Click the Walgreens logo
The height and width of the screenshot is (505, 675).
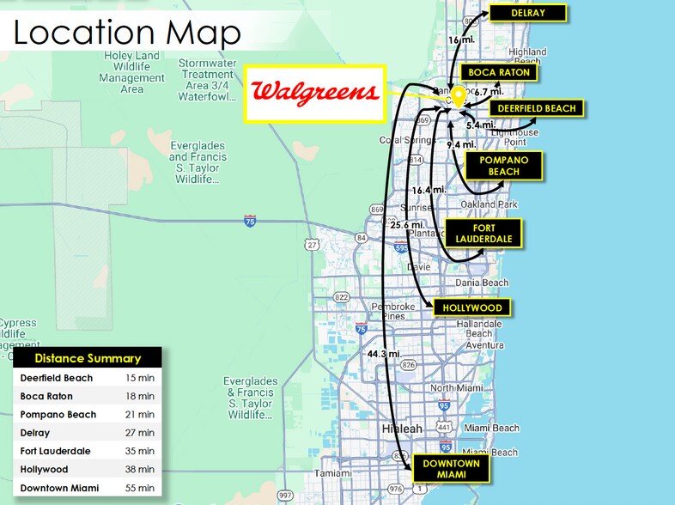(314, 93)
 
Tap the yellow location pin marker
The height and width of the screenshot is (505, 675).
(459, 96)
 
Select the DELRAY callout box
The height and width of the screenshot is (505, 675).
(527, 13)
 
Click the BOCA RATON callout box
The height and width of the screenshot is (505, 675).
(500, 73)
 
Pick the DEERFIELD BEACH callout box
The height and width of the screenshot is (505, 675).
(538, 108)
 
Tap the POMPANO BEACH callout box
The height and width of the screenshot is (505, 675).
(503, 166)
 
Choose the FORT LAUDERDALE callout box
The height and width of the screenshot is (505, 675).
(483, 233)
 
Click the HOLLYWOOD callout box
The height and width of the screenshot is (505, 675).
(472, 307)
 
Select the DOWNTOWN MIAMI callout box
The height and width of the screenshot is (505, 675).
(452, 470)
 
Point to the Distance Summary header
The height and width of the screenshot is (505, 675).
(88, 358)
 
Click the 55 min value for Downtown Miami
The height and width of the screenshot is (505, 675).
(140, 488)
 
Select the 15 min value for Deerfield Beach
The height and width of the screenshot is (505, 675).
(140, 378)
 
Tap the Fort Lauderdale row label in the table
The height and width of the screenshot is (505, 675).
(56, 451)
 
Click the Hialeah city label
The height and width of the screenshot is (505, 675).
(403, 429)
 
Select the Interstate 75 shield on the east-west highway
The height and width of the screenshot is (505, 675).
(250, 221)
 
